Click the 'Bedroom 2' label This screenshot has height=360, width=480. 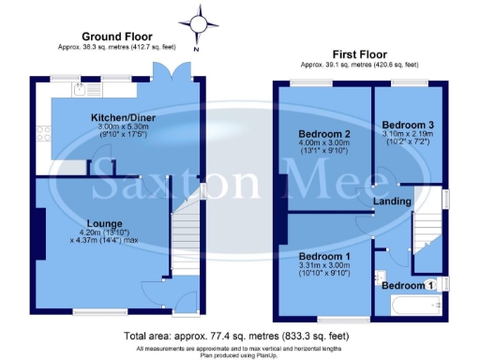pyautogui.click(x=322, y=133)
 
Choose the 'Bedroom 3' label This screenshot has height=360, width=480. pyautogui.click(x=408, y=125)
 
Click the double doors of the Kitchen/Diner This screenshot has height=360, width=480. pyautogui.click(x=170, y=76)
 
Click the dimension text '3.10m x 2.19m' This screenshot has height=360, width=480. pyautogui.click(x=408, y=134)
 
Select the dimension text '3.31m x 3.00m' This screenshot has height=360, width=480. pyautogui.click(x=323, y=265)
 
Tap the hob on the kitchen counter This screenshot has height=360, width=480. pyautogui.click(x=44, y=131)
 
